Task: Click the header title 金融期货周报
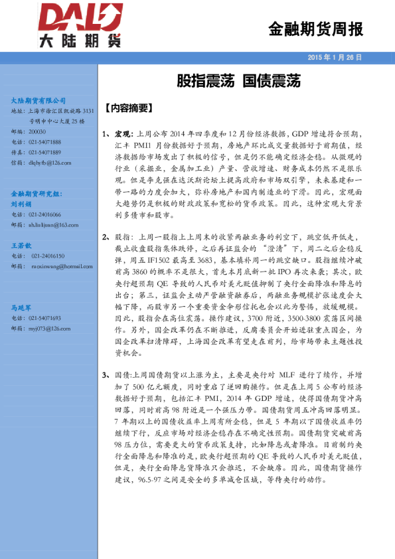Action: (315, 29)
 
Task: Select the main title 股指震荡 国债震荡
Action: (238, 82)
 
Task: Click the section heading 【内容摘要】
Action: (130, 108)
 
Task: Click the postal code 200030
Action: (38, 132)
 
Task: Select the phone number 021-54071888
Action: (45, 142)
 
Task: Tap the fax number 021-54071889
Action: (45, 152)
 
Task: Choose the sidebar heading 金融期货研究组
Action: (37, 193)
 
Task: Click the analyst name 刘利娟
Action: (21, 204)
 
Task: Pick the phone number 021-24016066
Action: (45, 214)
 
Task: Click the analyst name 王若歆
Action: (21, 246)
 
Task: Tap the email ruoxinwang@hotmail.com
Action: (62, 266)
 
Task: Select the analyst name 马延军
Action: (21, 307)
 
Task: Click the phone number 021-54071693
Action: (45, 318)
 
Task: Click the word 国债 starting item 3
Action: (123, 375)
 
